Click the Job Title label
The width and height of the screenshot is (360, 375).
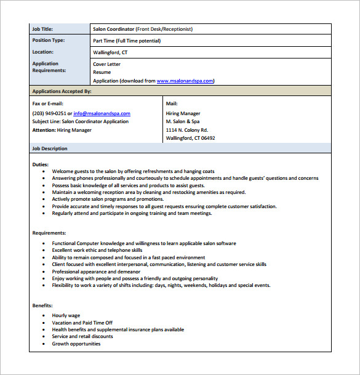point(42,28)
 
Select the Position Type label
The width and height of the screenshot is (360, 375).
point(48,41)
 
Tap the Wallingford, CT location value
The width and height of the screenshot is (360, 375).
point(110,53)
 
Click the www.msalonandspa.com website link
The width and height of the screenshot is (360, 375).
point(185,81)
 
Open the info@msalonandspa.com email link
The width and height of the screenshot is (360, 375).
point(102,113)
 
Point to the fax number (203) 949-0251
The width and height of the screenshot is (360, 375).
point(49,113)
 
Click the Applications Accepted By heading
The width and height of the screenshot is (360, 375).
point(62,91)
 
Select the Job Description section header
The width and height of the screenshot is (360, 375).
point(50,148)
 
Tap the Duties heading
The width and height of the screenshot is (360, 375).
point(41,164)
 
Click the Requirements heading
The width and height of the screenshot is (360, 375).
point(49,233)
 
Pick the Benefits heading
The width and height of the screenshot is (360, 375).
point(42,305)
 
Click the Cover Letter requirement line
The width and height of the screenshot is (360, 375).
point(106,64)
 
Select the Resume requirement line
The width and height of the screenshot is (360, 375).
point(102,72)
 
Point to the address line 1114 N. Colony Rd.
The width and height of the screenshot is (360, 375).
point(187,130)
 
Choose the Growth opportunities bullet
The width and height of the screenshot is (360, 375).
point(76,344)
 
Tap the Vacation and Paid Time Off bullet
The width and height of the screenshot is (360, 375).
point(82,322)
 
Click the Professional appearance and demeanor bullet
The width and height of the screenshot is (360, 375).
point(96,272)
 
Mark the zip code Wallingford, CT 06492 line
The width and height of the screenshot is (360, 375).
point(190,138)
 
